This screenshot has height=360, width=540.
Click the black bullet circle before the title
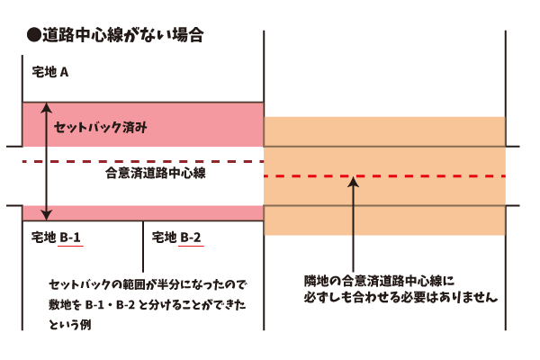pos(33,37)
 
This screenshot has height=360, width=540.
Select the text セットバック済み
pos(101,128)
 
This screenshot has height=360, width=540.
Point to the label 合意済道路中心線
pos(157,172)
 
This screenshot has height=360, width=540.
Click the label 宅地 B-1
pos(57,238)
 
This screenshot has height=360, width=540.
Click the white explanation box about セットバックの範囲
pos(144,302)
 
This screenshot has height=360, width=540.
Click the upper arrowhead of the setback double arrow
pos(48,107)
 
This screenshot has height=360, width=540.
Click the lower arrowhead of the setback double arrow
pos(48,214)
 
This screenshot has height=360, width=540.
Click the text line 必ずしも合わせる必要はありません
pos(400,296)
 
